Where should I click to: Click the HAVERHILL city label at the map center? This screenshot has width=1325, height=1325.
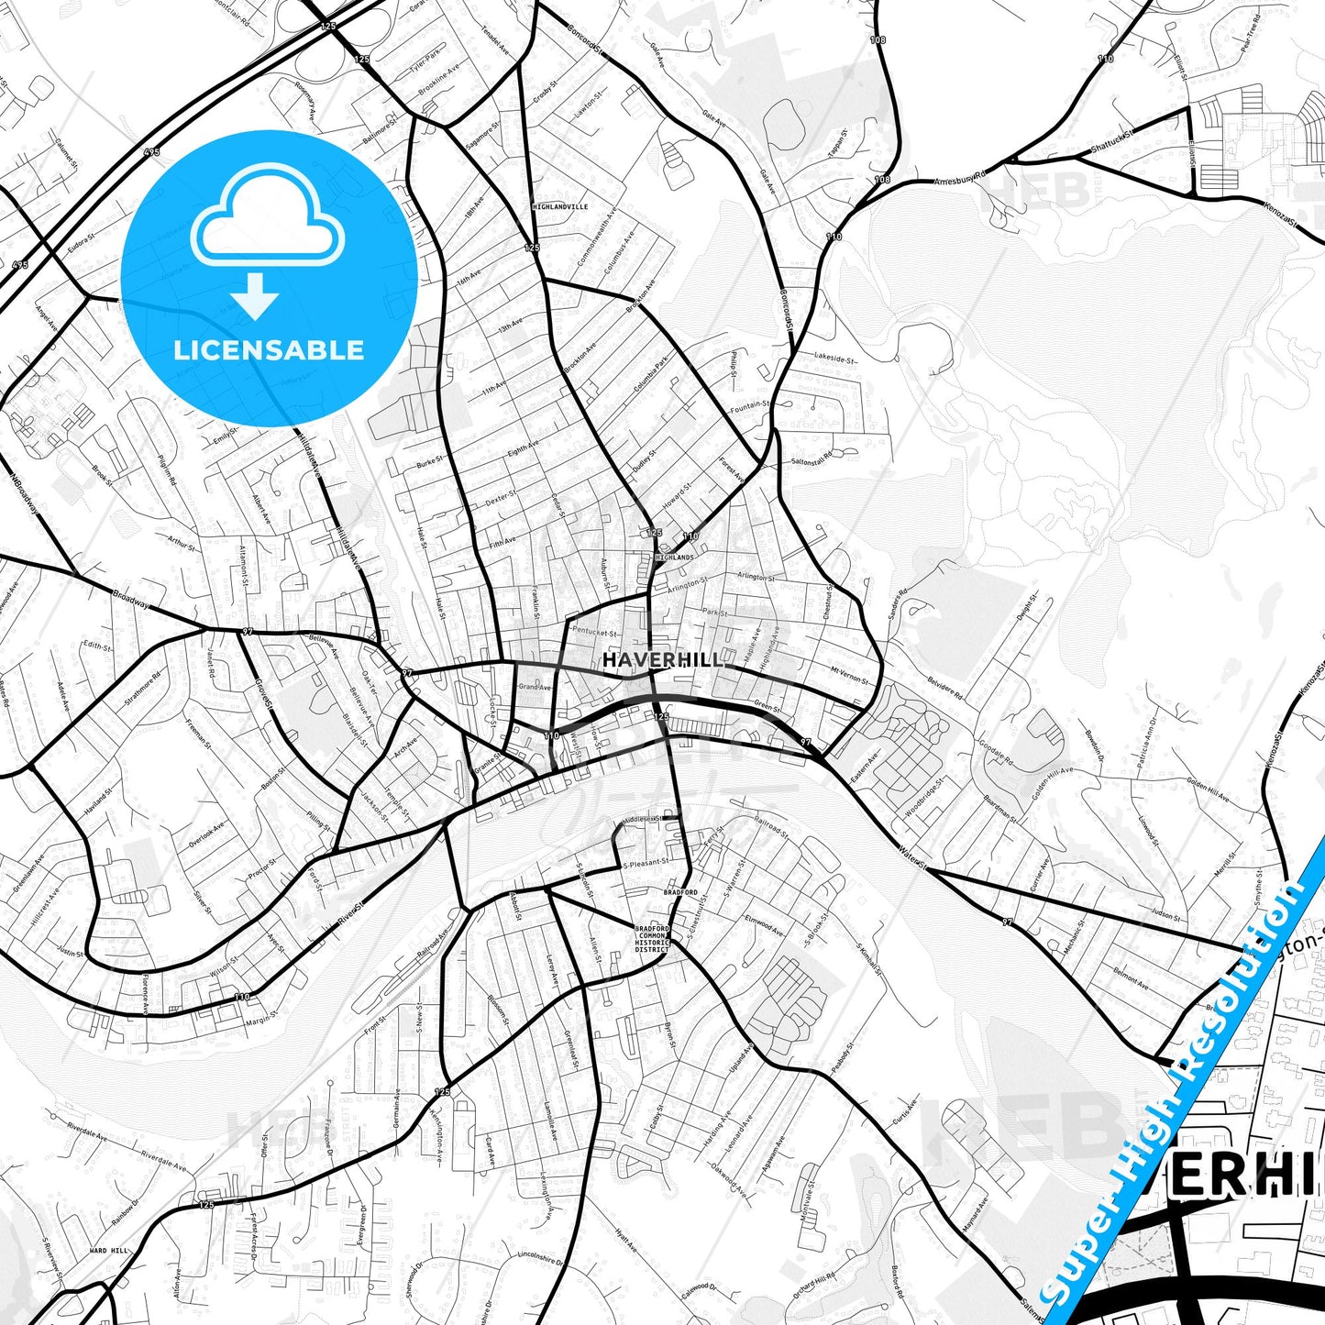pyautogui.click(x=662, y=660)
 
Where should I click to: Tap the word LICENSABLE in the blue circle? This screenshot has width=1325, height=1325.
pyautogui.click(x=269, y=350)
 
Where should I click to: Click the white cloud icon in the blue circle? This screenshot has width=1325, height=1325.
pyautogui.click(x=268, y=218)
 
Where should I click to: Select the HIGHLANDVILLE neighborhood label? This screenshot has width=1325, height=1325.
pyautogui.click(x=560, y=207)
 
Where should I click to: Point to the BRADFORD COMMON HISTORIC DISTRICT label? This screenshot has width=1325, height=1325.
pyautogui.click(x=652, y=938)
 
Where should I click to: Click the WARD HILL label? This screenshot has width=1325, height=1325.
pyautogui.click(x=109, y=1251)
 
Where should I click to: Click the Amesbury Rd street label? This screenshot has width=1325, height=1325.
pyautogui.click(x=959, y=177)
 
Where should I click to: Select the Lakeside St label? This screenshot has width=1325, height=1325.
pyautogui.click(x=834, y=359)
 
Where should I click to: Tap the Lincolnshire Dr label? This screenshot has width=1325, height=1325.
pyautogui.click(x=538, y=1255)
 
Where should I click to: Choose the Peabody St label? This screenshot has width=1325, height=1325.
pyautogui.click(x=843, y=1060)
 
